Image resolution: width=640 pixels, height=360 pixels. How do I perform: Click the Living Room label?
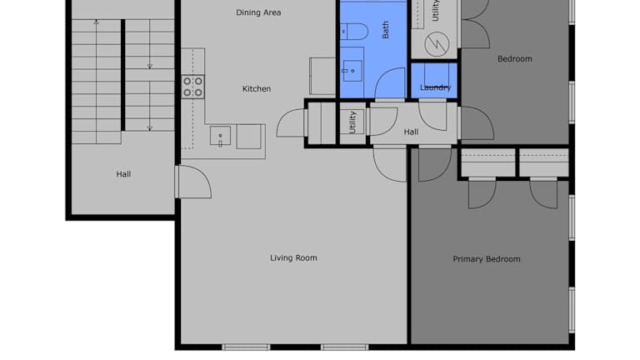pos(293,258)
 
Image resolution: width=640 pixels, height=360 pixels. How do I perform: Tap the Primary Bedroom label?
pos(487,259)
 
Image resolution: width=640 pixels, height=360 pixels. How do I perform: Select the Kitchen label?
pos(257,89)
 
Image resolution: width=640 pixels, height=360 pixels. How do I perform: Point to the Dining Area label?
pos(258,12)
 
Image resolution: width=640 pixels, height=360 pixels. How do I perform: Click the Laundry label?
pos(435,87)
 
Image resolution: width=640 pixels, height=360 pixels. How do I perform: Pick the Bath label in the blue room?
pos(385,30)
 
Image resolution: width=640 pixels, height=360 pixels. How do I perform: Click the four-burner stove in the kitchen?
pos(192,87)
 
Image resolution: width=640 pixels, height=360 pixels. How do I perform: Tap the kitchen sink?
pos(220,136)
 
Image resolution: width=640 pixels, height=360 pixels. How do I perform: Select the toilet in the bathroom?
pos(354,32)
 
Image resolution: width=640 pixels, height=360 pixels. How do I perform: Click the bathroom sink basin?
pos(352,71)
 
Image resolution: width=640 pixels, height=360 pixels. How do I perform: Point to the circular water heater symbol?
pos(437,44)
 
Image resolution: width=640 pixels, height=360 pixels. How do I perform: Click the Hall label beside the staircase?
pos(123,174)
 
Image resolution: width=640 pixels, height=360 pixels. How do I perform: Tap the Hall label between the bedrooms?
pos(411,132)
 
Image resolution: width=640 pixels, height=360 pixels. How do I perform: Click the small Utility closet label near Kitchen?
pos(352,122)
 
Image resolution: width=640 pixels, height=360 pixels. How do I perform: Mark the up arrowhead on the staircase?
pos(97,22)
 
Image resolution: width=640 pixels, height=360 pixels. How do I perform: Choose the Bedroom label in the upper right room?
pos(514,59)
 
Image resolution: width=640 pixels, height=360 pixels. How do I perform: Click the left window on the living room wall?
pos(246,347)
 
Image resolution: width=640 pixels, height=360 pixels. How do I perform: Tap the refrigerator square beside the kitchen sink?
pos(248,137)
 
